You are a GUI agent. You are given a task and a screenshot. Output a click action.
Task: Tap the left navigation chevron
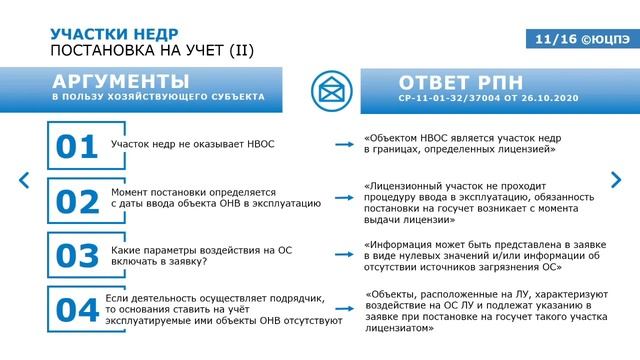[x=25, y=181]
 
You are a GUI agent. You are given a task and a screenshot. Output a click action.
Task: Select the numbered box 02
[x=76, y=201]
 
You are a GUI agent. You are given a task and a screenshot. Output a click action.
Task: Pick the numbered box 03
[x=76, y=255]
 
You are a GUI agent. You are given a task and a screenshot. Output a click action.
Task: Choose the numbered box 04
[x=76, y=309]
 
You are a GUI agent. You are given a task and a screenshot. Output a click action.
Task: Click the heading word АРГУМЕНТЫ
[x=120, y=81]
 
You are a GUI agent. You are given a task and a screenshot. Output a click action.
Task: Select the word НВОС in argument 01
[x=255, y=146]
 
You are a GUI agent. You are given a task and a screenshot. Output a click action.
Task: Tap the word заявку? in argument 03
[x=186, y=262]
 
